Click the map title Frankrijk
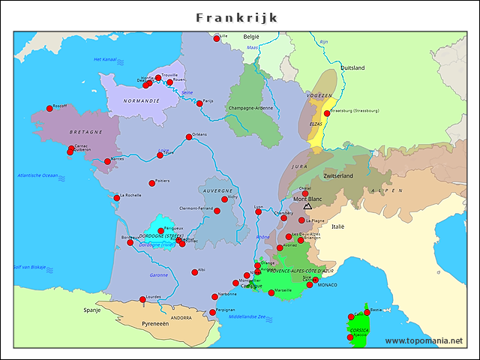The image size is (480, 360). pos(237,17)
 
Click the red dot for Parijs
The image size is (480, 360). pos(199,103)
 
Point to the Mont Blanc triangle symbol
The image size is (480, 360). pos(307,205)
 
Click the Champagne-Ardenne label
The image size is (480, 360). pos(250,107)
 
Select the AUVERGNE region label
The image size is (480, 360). pos(218,190)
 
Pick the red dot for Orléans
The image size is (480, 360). pos(189,137)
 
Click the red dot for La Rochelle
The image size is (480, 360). pos(116,198)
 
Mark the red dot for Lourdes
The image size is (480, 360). pos(142,300)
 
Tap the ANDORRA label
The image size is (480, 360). pos(181,318)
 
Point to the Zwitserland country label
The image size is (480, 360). pos(338,175)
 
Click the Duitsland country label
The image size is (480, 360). pos(352,67)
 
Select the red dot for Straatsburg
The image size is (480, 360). pos(326,113)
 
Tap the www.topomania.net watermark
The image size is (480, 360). pos(424,341)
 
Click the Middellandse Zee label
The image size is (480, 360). pos(252,316)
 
